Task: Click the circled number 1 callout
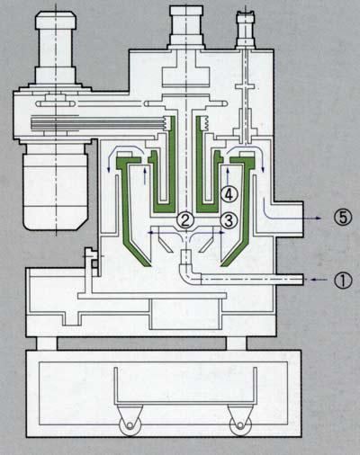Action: [343, 281]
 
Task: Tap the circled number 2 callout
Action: [185, 220]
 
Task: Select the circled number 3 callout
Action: [229, 220]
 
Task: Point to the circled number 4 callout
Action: [229, 194]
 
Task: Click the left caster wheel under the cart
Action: [130, 424]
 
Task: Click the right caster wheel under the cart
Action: [240, 424]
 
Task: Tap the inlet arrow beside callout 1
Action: [319, 280]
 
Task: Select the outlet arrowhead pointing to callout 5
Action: [319, 219]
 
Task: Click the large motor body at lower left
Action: [56, 186]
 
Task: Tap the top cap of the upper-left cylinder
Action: [56, 20]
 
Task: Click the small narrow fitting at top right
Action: [247, 29]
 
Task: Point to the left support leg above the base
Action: [47, 343]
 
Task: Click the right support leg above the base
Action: [236, 343]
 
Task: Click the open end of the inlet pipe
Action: [302, 280]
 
